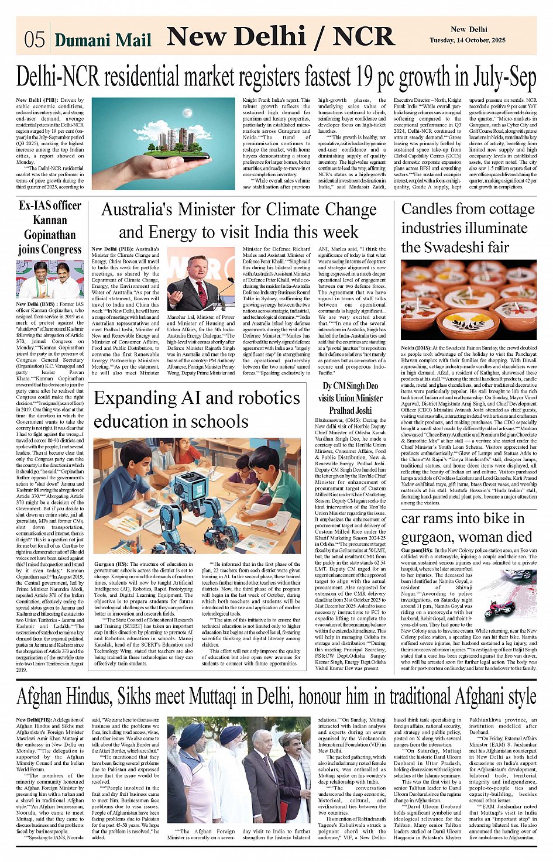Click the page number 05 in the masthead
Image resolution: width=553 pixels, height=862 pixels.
(34, 39)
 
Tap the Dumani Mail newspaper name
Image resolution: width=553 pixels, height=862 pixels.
(103, 40)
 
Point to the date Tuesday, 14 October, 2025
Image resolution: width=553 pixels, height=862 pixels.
(468, 40)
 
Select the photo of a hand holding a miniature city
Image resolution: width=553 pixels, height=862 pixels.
(163, 143)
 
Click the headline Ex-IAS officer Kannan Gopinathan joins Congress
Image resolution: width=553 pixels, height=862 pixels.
(50, 227)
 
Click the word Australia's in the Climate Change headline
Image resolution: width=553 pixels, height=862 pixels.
(136, 210)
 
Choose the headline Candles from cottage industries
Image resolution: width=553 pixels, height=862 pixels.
(468, 228)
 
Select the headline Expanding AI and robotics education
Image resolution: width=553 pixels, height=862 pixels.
(197, 409)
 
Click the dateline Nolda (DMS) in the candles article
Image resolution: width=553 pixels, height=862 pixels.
(415, 348)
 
